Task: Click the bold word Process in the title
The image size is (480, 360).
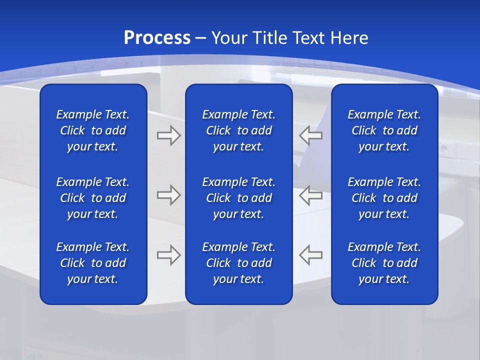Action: [x=157, y=38]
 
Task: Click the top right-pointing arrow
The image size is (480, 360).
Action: [x=168, y=135]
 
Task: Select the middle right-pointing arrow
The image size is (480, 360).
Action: [x=168, y=195]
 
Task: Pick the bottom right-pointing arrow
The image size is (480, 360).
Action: [x=168, y=255]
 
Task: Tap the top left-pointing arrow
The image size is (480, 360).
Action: [x=311, y=135]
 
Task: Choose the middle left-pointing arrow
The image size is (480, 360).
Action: [x=311, y=195]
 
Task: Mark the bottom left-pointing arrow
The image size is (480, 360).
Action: [x=311, y=255]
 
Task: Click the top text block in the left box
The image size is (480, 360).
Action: [x=93, y=130]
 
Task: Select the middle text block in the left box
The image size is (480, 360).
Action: [x=93, y=198]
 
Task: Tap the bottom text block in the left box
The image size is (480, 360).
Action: [x=93, y=263]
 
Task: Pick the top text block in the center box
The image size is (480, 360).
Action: [x=238, y=130]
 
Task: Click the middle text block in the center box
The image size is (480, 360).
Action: [x=238, y=198]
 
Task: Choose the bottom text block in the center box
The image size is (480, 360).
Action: [x=238, y=263]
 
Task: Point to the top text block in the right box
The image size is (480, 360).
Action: [x=384, y=130]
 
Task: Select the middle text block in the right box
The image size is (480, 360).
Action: [x=384, y=198]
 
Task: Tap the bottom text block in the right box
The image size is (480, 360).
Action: [x=384, y=263]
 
